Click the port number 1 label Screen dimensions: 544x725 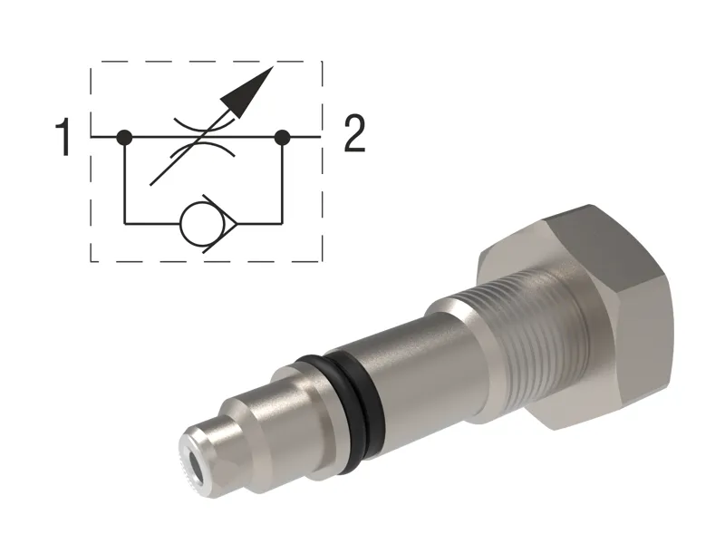point(62,138)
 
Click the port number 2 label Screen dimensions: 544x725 point(353,136)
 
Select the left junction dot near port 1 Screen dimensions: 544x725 point(125,138)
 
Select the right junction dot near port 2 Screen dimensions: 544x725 point(283,138)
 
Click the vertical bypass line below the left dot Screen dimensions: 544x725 point(125,181)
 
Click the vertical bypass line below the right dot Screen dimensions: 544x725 point(283,181)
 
